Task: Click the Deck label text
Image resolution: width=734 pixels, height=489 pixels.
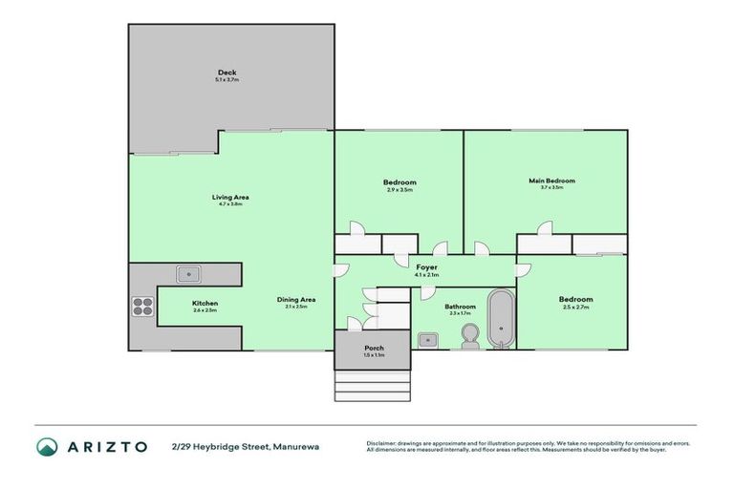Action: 227,72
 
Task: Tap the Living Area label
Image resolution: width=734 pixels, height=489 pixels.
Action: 230,197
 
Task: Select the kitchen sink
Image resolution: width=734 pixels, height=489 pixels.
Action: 189,274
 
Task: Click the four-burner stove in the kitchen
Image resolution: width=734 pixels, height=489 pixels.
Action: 142,306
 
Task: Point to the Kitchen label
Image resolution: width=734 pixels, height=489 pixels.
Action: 205,303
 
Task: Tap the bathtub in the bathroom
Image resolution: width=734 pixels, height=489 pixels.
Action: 501,318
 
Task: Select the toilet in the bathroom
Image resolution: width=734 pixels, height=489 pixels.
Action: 468,336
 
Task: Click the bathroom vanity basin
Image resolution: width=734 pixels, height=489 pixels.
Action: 428,338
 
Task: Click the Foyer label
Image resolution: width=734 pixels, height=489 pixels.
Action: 426,267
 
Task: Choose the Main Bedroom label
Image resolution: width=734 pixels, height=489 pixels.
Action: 551,180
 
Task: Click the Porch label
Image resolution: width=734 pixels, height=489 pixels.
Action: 373,348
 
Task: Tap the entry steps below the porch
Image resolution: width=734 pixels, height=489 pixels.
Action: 373,384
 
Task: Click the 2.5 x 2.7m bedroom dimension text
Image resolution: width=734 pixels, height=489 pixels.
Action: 575,308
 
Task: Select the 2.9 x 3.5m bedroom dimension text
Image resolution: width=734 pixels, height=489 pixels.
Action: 399,190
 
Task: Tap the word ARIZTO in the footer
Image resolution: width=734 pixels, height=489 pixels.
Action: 107,447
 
